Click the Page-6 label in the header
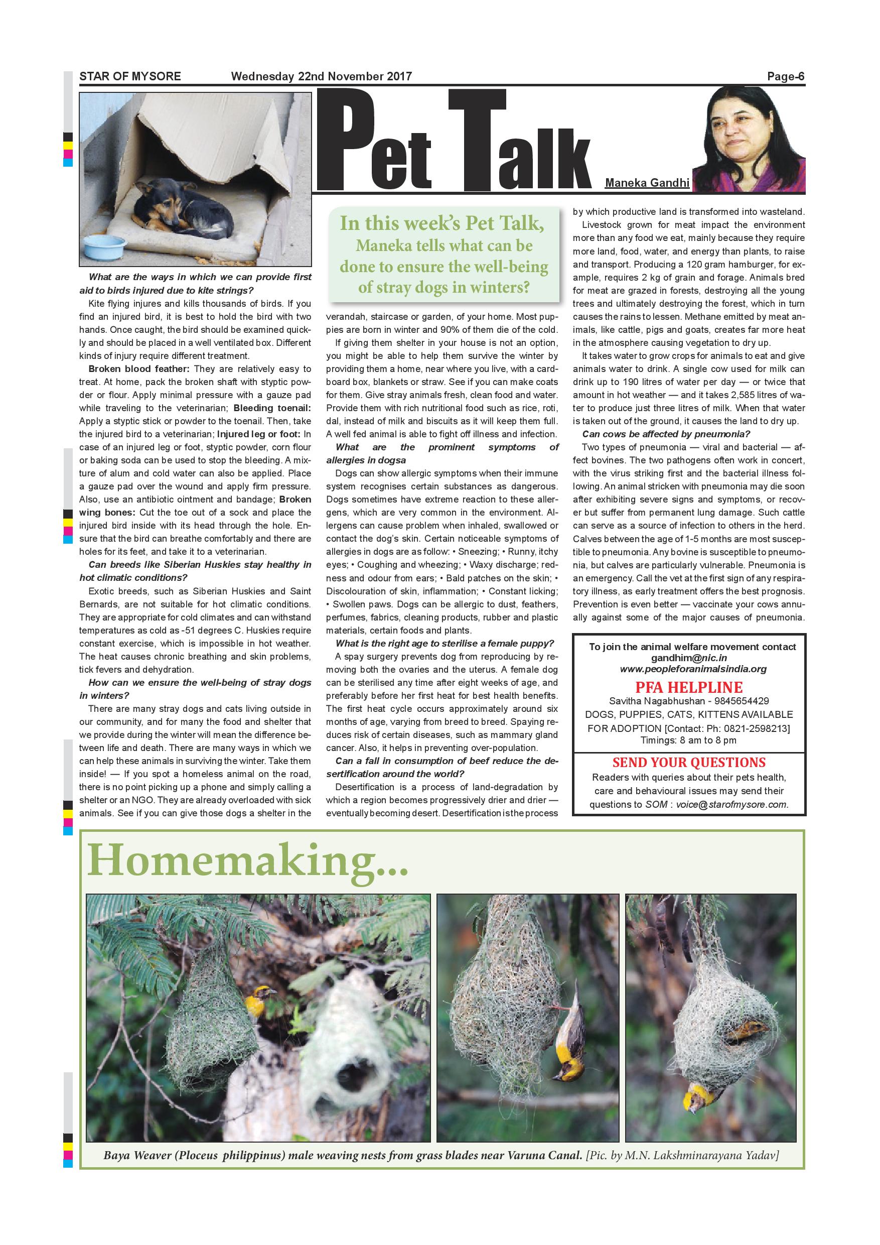click(x=785, y=76)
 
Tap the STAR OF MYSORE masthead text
click(x=130, y=76)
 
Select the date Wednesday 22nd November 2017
click(x=321, y=76)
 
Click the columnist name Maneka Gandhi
click(x=647, y=183)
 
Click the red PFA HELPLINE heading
click(x=689, y=687)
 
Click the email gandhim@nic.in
click(x=689, y=658)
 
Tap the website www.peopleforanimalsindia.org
click(x=693, y=669)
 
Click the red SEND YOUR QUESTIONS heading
click(x=689, y=763)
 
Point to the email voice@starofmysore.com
click(x=731, y=805)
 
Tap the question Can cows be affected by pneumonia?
click(x=666, y=434)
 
